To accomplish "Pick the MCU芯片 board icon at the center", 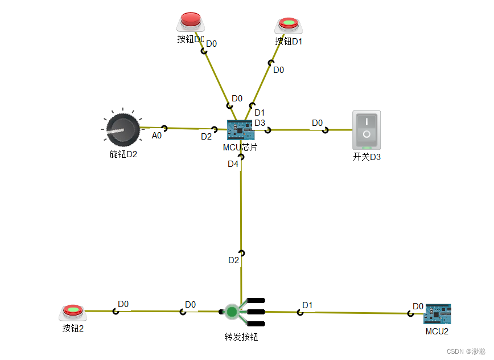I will (240, 130).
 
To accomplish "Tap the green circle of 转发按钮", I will (232, 312).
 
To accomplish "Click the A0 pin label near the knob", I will (157, 136).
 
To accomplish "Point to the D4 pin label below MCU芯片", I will (233, 164).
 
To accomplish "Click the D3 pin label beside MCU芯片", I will (260, 122).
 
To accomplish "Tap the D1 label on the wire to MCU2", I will (307, 305).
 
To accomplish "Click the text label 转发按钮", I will (241, 337).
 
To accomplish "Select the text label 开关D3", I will (367, 157).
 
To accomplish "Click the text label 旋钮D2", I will (124, 154).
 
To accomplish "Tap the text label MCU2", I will (437, 331).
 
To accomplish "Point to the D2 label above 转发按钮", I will (233, 260).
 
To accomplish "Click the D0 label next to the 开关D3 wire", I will (317, 123).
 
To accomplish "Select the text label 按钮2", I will (73, 328).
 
